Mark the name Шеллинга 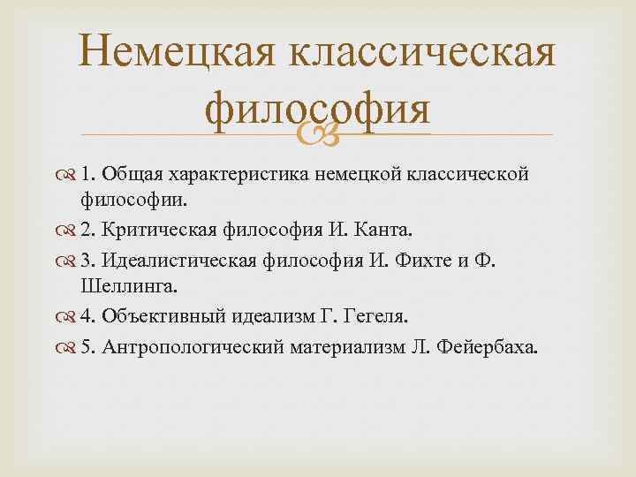pyautogui.click(x=147, y=284)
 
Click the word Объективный pyautogui.click(x=165, y=315)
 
